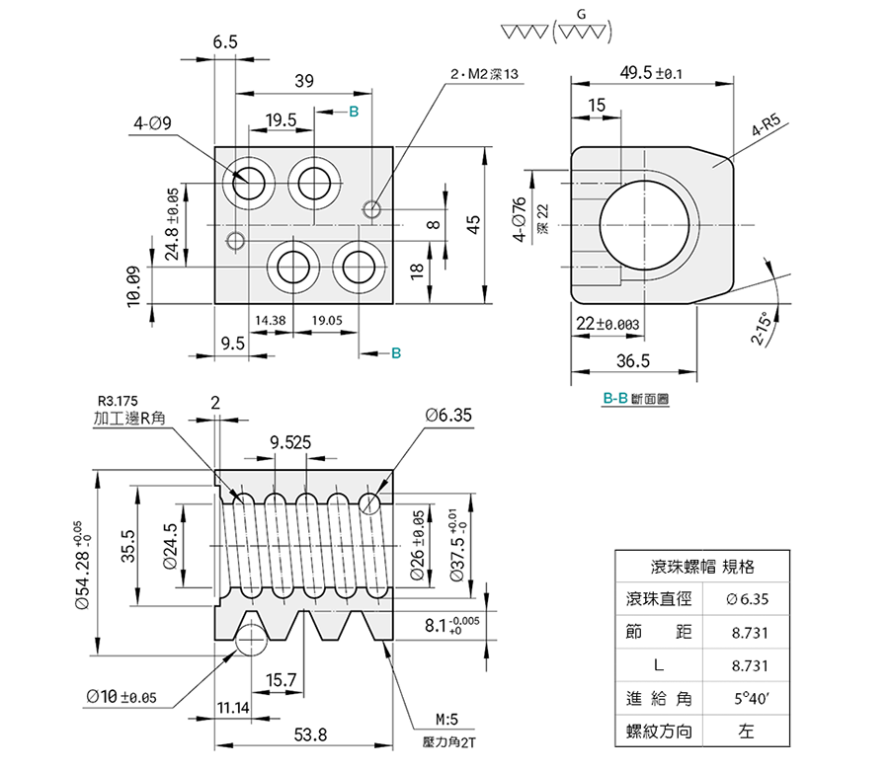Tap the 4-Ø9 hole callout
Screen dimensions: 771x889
(x=153, y=123)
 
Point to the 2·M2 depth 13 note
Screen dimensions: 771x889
(x=484, y=74)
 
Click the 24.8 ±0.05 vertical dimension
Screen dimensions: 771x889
(x=173, y=223)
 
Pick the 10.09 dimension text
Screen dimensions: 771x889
(x=135, y=286)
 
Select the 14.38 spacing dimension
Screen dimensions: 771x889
(x=271, y=321)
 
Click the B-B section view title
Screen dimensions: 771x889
(x=635, y=399)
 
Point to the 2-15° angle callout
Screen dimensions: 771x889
(x=762, y=327)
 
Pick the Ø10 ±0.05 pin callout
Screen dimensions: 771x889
(x=121, y=696)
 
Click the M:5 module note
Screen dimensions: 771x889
(x=445, y=720)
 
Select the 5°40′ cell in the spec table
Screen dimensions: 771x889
(x=746, y=698)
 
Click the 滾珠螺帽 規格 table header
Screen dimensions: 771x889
(x=702, y=567)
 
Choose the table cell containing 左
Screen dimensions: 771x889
(x=746, y=732)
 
